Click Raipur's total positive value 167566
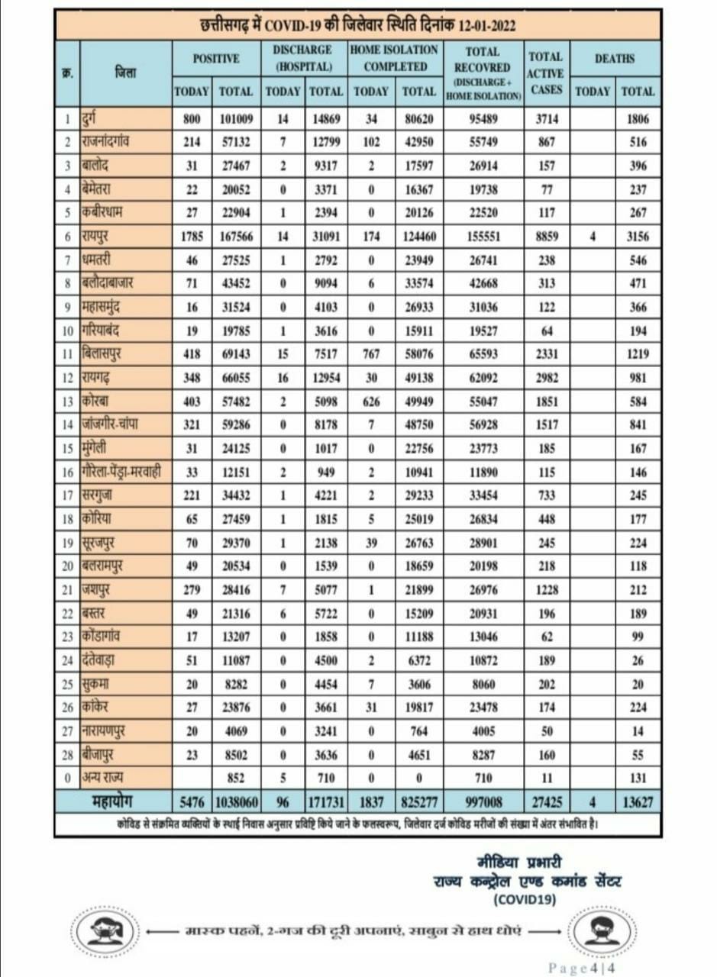click(x=236, y=237)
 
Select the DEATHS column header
click(x=615, y=58)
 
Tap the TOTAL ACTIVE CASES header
click(x=545, y=73)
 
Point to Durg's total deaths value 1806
click(x=638, y=118)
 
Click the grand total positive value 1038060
click(x=235, y=803)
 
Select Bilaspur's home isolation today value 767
click(x=372, y=354)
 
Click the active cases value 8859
click(x=546, y=237)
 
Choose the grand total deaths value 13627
click(x=638, y=803)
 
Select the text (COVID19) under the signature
click(x=525, y=899)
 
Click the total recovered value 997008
click(x=482, y=803)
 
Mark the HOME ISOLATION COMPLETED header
click(x=394, y=58)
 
